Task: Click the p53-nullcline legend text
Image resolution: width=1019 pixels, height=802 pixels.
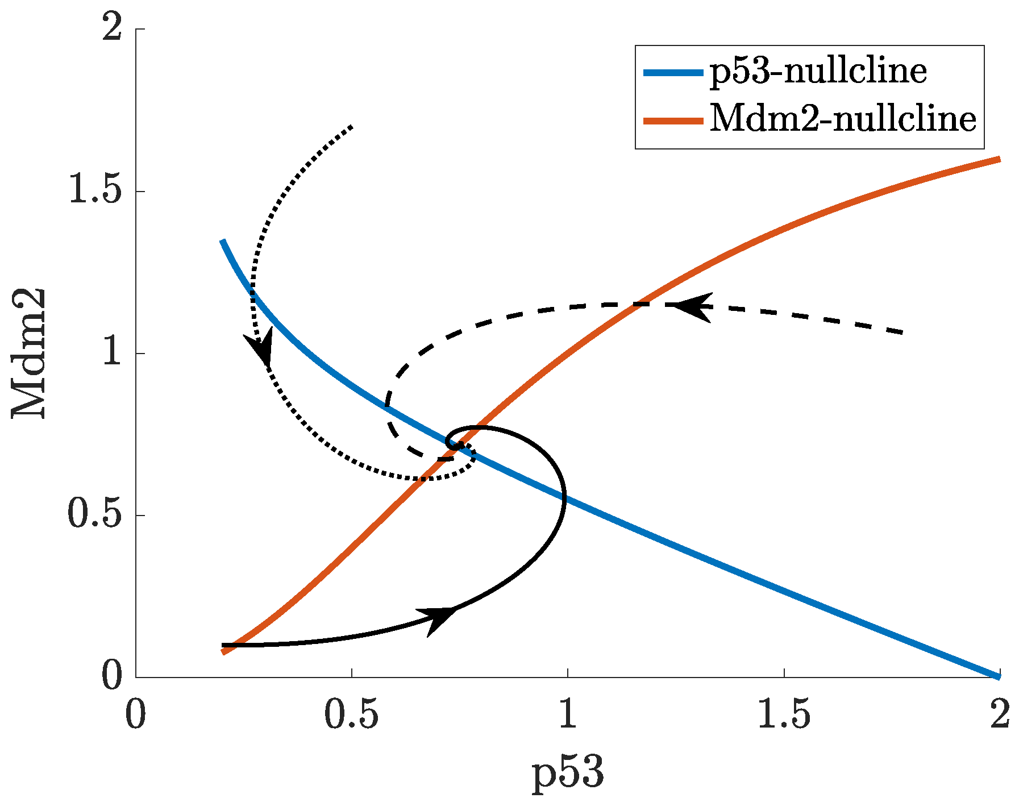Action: (818, 72)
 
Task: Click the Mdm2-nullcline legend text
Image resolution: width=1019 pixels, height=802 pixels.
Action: (843, 119)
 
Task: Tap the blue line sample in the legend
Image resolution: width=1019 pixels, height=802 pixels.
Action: (672, 72)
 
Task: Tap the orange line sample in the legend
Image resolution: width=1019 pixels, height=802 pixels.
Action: (672, 120)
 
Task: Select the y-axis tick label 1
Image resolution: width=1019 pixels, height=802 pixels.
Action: (111, 354)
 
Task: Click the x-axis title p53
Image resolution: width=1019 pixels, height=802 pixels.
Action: (568, 774)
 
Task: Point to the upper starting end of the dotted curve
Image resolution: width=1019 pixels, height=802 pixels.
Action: (352, 126)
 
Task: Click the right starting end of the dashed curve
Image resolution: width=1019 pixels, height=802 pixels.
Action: (902, 332)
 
